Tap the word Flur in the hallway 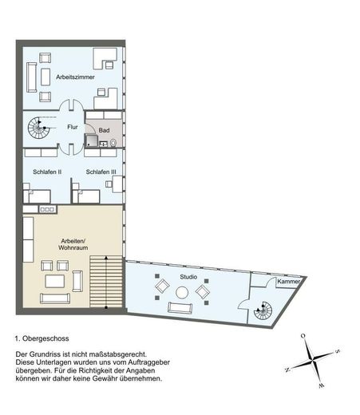73,126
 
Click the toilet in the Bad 114,142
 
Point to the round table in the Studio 182,293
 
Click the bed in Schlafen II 37,193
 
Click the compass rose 315,359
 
